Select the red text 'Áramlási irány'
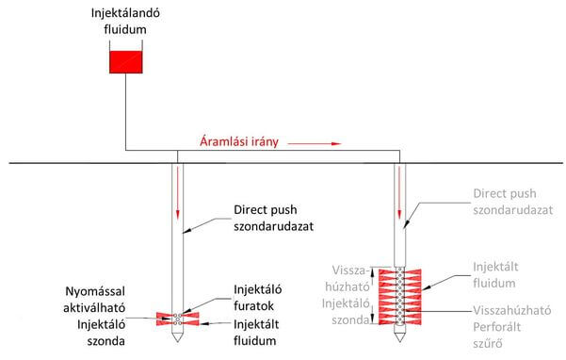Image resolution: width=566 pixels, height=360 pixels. coord(239,143)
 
